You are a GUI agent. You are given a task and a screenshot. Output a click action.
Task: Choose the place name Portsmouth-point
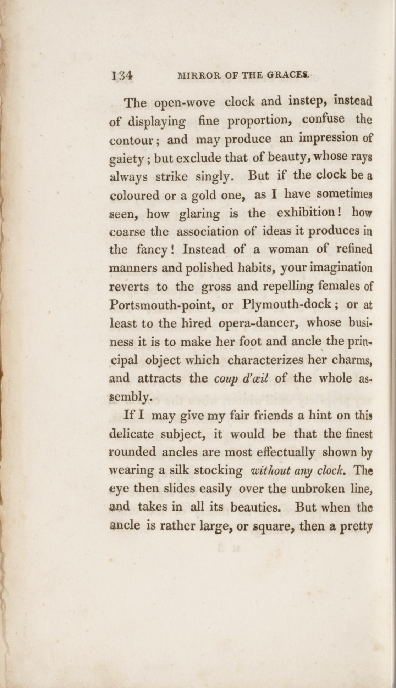(x=161, y=305)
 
